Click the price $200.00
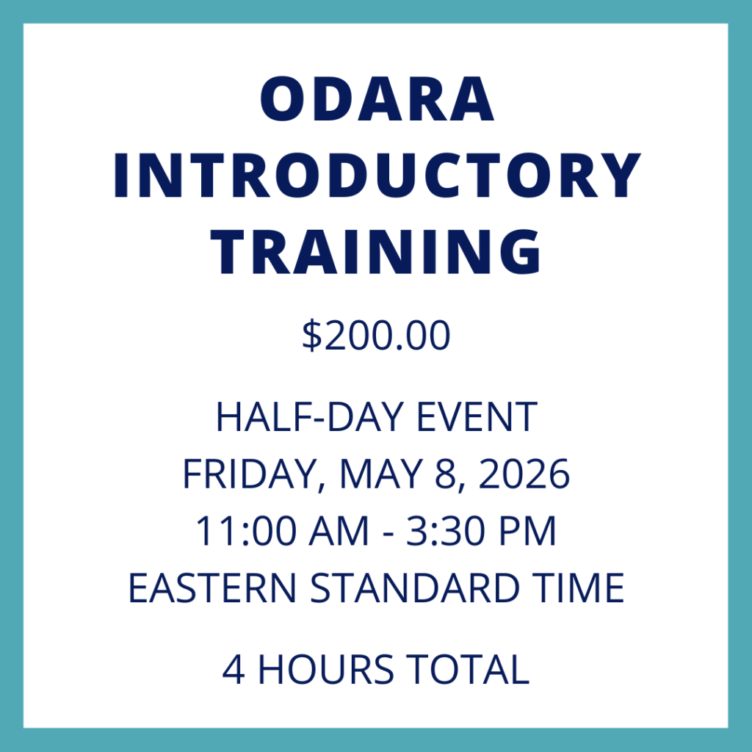376,337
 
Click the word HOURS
328,669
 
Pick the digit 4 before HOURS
234,669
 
